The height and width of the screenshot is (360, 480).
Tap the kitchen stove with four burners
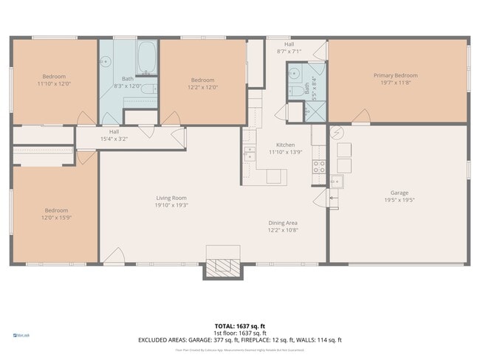point(320,166)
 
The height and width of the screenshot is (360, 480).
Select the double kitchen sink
point(250,153)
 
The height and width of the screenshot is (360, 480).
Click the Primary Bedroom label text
point(395,75)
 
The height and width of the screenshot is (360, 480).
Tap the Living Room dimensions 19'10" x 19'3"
point(171,205)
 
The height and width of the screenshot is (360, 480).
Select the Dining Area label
point(283,223)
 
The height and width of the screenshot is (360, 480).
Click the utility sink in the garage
point(335,181)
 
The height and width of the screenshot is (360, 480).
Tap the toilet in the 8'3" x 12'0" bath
point(147,90)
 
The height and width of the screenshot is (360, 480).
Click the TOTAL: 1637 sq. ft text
point(240,325)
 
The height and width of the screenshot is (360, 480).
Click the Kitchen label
point(285,145)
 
